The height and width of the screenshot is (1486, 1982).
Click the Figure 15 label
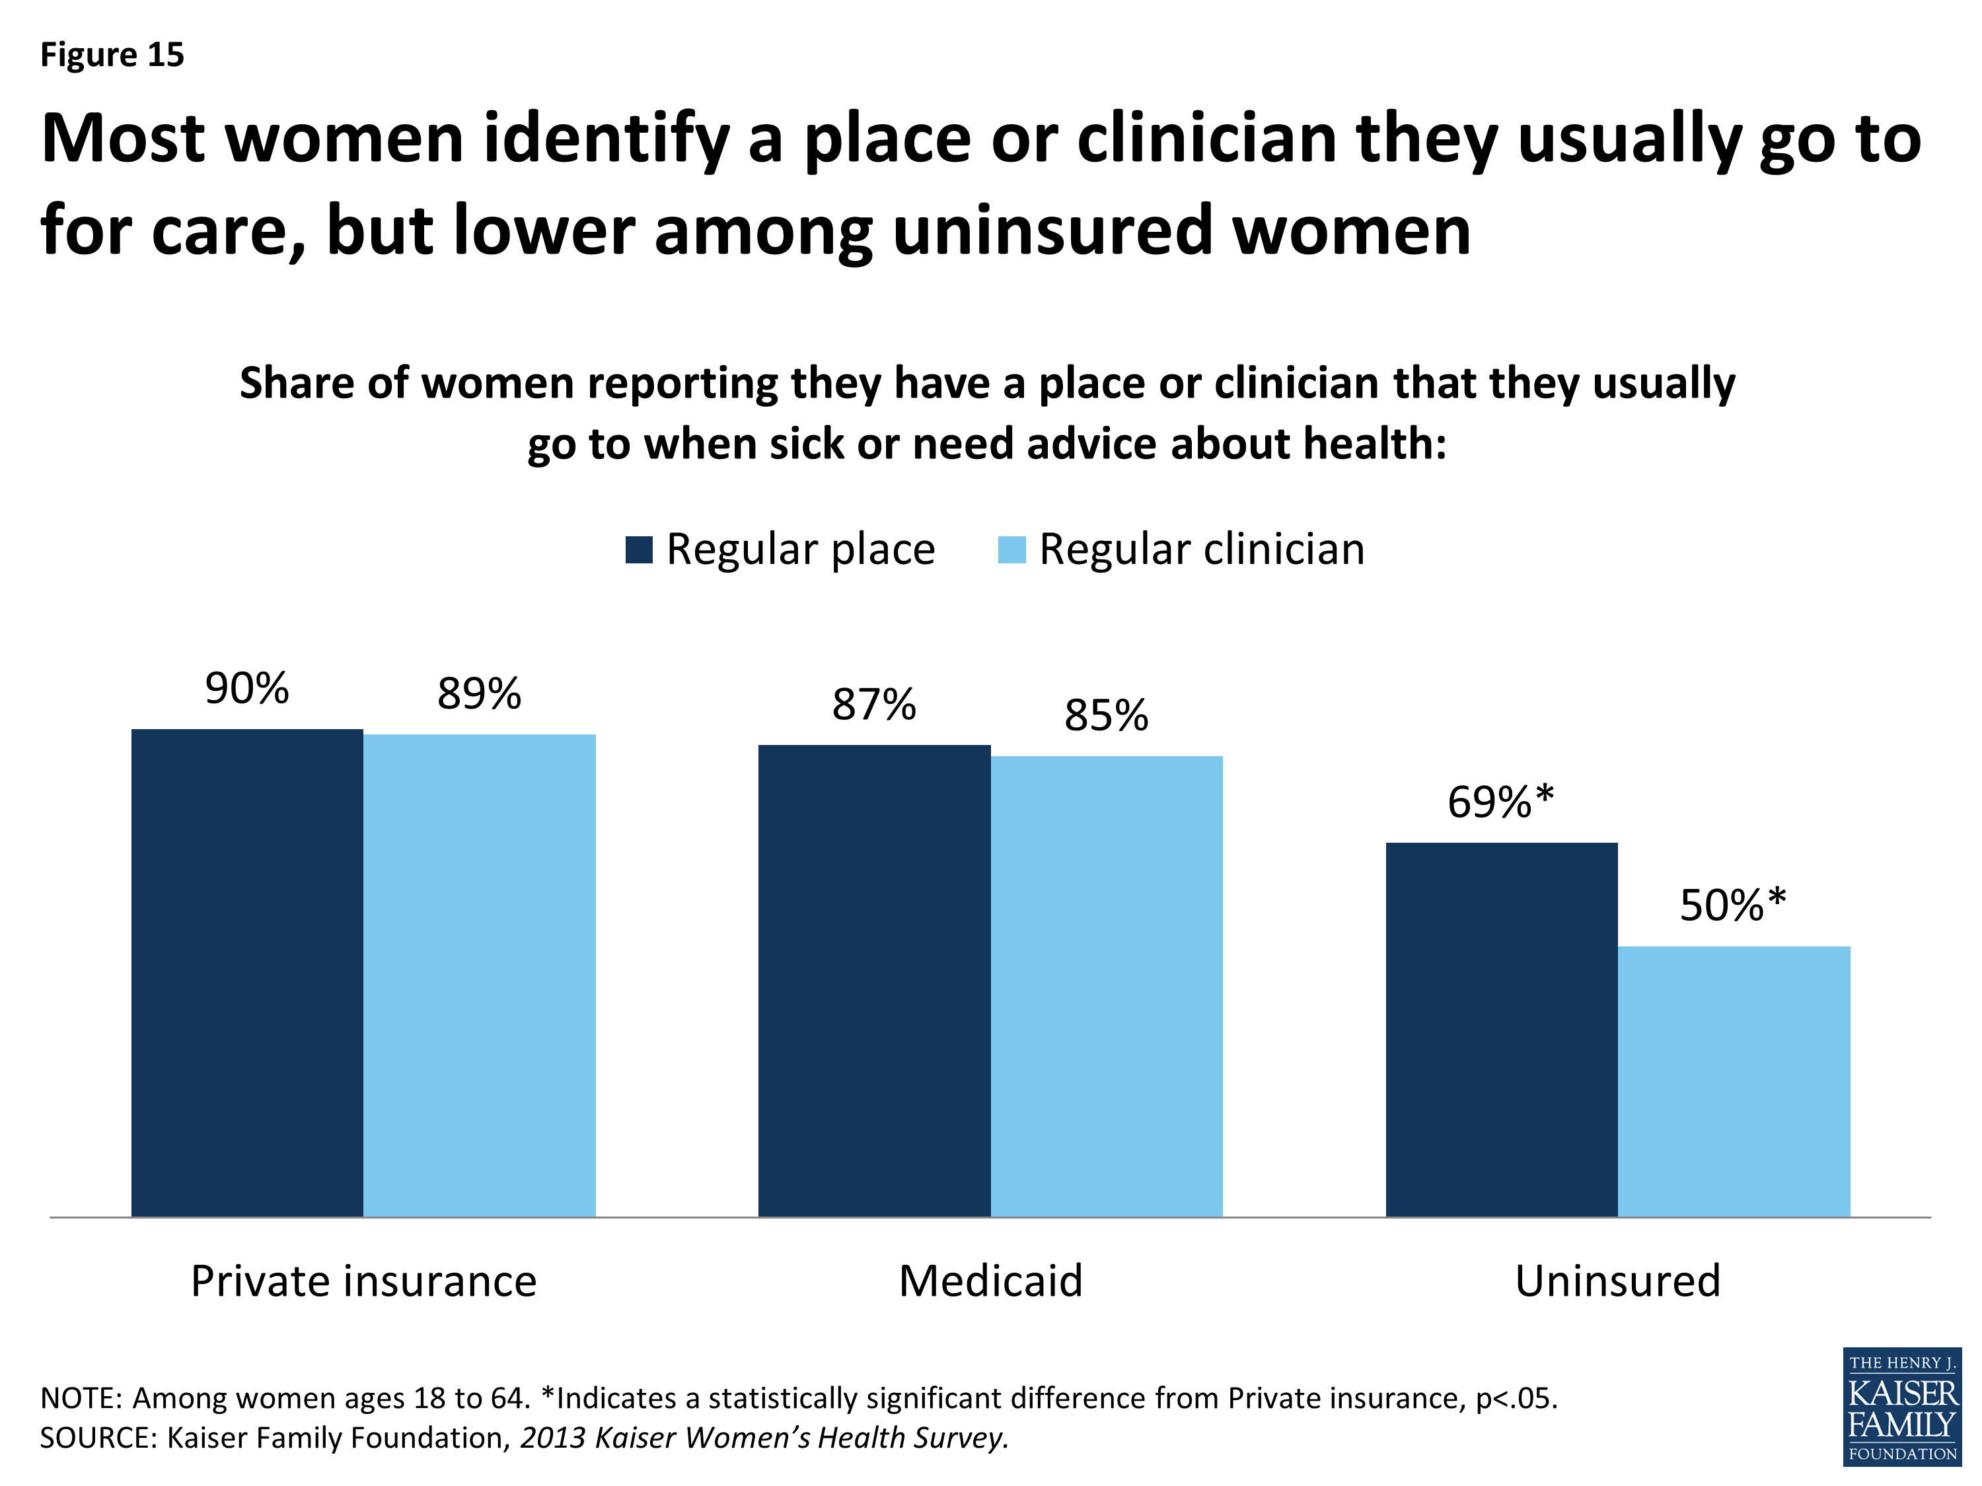coord(112,55)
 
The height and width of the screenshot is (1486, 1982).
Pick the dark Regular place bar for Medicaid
coord(875,980)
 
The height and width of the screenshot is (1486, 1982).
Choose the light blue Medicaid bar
coord(1107,985)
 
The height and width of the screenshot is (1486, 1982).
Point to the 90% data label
coord(247,689)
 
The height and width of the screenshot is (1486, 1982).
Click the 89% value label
coord(480,694)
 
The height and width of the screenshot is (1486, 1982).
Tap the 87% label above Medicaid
coord(875,705)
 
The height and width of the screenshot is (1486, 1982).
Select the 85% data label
coord(1107,716)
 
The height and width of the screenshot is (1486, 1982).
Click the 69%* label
coord(1501,802)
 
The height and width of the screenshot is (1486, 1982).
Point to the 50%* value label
coord(1733,905)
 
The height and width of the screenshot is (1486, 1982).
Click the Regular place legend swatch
coord(639,549)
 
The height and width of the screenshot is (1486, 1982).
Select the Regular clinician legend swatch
coord(1011,549)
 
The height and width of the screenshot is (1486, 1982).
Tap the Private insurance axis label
coord(364,1281)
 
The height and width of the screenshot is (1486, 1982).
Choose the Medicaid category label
coord(991,1281)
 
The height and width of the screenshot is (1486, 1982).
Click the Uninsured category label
coord(1618,1281)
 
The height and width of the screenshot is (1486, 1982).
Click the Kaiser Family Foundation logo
coord(1901,1406)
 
